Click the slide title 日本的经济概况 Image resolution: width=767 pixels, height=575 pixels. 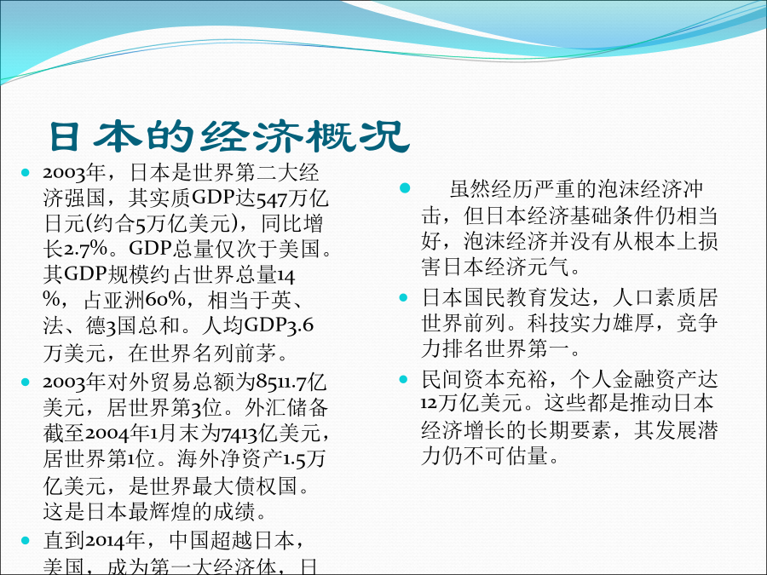pyautogui.click(x=229, y=136)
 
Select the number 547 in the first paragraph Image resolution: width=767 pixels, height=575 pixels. pyautogui.click(x=273, y=199)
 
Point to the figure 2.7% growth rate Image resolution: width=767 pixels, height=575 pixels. pyautogui.click(x=86, y=250)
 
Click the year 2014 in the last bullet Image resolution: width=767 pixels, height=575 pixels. pyautogui.click(x=107, y=540)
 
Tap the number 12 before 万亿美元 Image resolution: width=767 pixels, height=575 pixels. pyautogui.click(x=429, y=404)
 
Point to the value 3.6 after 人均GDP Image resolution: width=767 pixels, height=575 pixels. pyautogui.click(x=299, y=325)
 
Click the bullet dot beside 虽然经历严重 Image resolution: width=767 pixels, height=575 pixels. pyautogui.click(x=405, y=188)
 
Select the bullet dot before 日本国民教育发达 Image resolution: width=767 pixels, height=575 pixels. pyautogui.click(x=404, y=297)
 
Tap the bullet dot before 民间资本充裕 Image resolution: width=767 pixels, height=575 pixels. pyautogui.click(x=404, y=379)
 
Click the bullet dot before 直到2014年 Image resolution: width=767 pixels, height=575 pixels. pyautogui.click(x=26, y=540)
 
